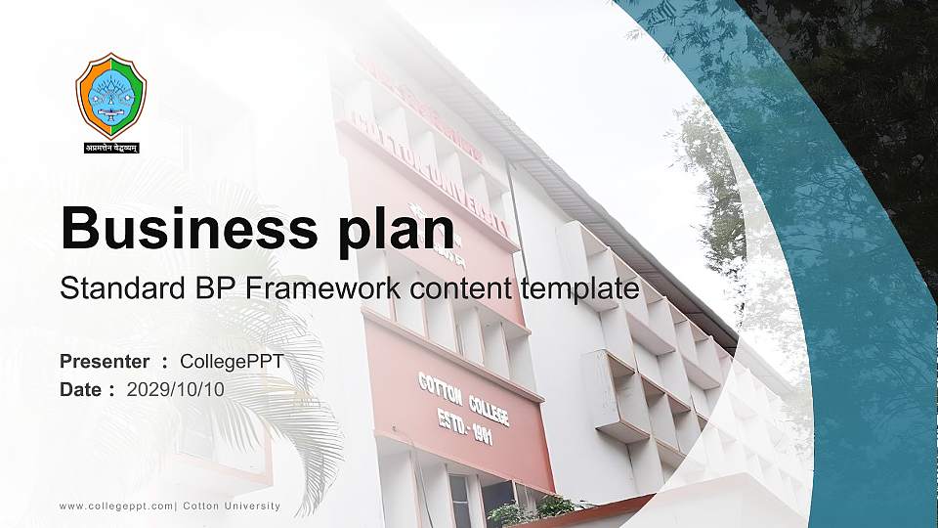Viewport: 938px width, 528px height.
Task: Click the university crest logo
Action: pos(111,95)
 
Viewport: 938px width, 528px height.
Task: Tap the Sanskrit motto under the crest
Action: pos(111,148)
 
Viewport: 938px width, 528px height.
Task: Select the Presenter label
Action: pos(105,362)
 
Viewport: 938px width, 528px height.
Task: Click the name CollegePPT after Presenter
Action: pos(232,362)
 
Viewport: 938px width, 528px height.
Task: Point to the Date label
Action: pos(81,389)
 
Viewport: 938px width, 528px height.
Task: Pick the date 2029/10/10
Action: pos(176,389)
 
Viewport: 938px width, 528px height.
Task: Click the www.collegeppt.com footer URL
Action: pos(116,506)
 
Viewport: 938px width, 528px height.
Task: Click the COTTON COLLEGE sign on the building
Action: pos(463,398)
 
